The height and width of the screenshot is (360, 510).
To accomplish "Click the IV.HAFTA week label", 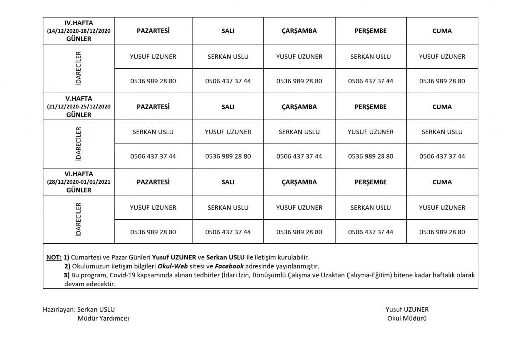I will click(x=79, y=23).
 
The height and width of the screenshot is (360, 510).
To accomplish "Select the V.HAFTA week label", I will click(x=79, y=99).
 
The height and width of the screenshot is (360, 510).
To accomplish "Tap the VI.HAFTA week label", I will click(x=79, y=174).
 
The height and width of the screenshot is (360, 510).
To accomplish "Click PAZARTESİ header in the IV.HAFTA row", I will click(x=153, y=31).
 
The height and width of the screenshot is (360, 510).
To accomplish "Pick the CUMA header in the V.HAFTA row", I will click(x=442, y=107).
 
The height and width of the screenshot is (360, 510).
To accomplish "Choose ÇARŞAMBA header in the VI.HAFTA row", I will click(x=299, y=182).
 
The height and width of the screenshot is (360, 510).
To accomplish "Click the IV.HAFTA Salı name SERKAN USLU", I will click(x=228, y=57).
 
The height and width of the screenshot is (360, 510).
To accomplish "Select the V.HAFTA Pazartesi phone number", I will click(x=153, y=156).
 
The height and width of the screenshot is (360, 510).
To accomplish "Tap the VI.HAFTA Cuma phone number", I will click(x=442, y=232).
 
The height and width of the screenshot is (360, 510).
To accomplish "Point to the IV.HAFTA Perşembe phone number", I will click(x=371, y=81).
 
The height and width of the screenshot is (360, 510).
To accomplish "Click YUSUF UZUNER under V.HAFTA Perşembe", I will click(x=371, y=132).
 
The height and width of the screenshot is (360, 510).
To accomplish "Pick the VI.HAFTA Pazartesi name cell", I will click(x=153, y=207).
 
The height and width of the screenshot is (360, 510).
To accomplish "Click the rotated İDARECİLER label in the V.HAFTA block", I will click(x=79, y=144).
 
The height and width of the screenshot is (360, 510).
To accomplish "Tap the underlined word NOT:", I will click(x=54, y=257).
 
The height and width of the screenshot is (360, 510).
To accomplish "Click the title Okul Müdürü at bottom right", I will click(x=407, y=319).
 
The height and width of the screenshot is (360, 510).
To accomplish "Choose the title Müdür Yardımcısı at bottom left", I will click(x=103, y=319).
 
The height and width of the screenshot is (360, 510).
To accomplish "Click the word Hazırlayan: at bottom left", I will click(x=59, y=309).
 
